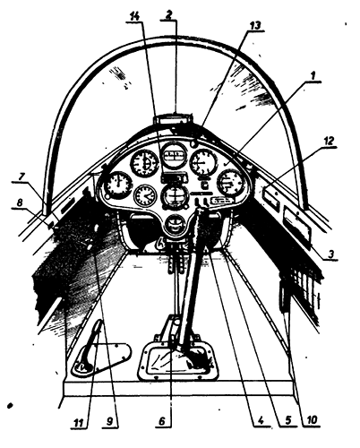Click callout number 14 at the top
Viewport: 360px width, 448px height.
click(134, 17)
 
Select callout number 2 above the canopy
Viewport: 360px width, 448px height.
click(169, 15)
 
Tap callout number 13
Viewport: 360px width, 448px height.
click(255, 25)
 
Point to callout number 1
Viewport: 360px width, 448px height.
click(313, 76)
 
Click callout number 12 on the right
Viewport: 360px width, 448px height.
click(329, 142)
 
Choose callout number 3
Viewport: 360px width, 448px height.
click(330, 254)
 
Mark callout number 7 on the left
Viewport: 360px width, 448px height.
click(21, 177)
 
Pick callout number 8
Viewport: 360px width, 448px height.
click(19, 202)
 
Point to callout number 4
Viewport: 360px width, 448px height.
click(261, 420)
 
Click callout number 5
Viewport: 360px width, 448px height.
click(287, 420)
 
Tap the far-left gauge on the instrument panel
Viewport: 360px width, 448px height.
click(117, 185)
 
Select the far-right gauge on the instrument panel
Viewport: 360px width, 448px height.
click(231, 183)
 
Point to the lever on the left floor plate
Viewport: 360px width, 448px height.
click(90, 347)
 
